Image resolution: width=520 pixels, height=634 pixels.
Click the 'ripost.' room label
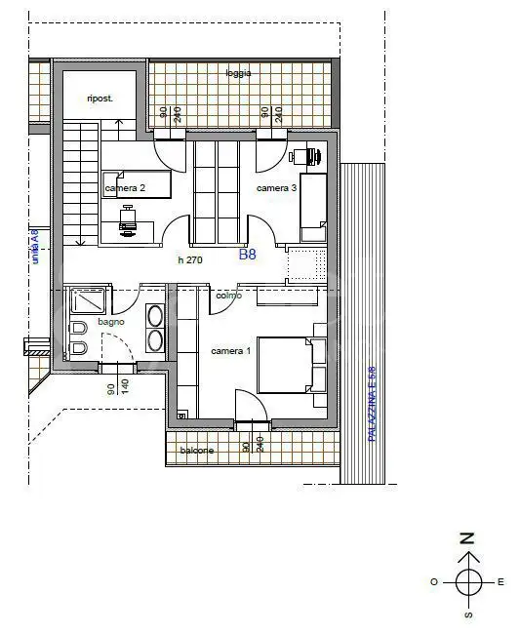pyautogui.click(x=99, y=99)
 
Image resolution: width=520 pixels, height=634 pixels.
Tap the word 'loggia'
pyautogui.click(x=237, y=73)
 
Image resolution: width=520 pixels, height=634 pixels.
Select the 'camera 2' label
pyautogui.click(x=125, y=187)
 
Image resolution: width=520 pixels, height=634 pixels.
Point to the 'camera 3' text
pyautogui.click(x=276, y=187)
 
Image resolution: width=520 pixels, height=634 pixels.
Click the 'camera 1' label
pyautogui.click(x=231, y=351)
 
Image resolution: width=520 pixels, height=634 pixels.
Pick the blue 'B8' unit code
pyautogui.click(x=248, y=255)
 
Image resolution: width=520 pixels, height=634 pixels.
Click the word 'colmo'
pyautogui.click(x=228, y=295)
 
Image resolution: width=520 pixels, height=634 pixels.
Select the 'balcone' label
pyautogui.click(x=196, y=450)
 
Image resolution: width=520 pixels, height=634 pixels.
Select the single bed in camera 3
pyautogui.click(x=312, y=207)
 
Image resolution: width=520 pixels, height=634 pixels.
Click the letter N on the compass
pyautogui.click(x=468, y=538)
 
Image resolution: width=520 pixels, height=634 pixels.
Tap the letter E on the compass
pyautogui.click(x=500, y=582)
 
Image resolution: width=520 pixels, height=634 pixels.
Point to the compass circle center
pyautogui.click(x=468, y=582)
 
